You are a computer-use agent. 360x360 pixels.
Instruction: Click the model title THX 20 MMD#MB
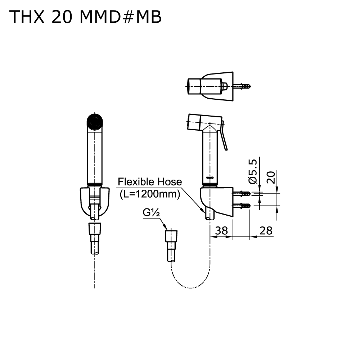pos(85,17)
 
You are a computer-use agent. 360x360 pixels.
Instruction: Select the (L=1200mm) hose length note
pos(149,195)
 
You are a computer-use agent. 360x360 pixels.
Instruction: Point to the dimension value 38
pos(221,230)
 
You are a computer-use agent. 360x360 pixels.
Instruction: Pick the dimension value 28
pos(266,230)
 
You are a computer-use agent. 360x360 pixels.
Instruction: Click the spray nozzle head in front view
pos(95,122)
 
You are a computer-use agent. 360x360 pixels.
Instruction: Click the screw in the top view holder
pos(243,86)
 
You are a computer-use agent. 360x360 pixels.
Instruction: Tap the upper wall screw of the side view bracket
pos(243,194)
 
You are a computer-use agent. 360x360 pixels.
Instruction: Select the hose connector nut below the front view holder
pos(95,229)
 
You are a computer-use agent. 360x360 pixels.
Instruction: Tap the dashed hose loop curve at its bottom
pos(190,287)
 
